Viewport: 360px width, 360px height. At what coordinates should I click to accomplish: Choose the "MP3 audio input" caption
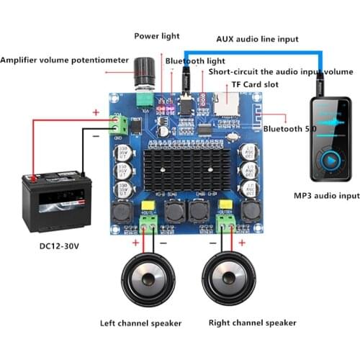(326, 195)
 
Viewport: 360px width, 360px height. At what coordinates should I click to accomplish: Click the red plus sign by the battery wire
(95, 112)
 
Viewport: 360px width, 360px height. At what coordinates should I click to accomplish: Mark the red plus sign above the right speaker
(241, 244)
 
